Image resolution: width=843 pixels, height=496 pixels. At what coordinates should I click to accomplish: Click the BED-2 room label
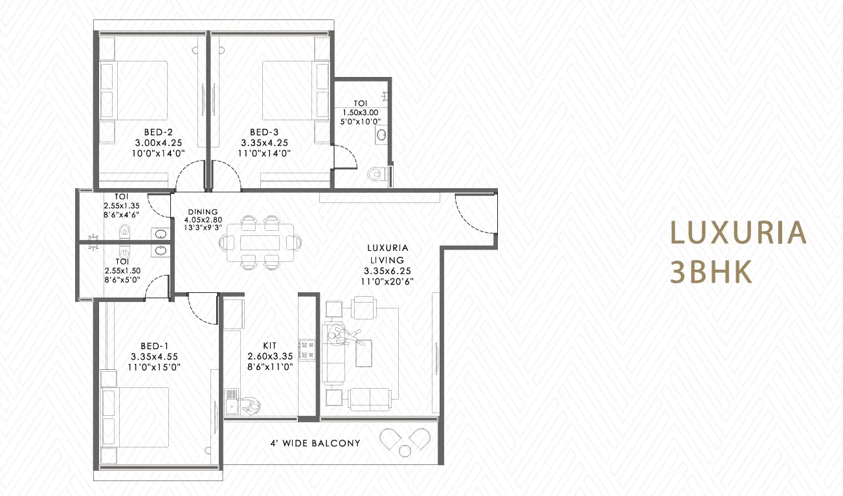[159, 133]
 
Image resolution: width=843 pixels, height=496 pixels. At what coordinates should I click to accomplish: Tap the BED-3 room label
[264, 133]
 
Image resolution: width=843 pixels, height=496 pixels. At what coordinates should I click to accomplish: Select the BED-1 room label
[154, 346]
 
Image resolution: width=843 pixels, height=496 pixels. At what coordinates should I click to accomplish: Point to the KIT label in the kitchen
[270, 346]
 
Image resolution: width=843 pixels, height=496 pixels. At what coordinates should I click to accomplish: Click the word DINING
[203, 212]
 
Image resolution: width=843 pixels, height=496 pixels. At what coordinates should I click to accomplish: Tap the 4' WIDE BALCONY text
[315, 444]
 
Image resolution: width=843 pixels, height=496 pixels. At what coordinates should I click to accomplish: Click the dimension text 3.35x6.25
[387, 271]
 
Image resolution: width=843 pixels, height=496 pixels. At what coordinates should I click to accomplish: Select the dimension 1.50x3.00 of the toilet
[360, 113]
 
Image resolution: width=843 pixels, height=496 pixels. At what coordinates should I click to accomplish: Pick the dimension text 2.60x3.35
[270, 356]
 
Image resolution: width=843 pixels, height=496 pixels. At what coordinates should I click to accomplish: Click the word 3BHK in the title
[712, 272]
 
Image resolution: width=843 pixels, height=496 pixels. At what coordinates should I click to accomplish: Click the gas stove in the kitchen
[307, 350]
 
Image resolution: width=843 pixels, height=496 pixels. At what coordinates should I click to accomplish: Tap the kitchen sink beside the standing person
[231, 402]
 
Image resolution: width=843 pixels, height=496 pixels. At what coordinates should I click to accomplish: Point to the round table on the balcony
[405, 451]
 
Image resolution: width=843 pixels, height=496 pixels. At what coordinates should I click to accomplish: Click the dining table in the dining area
[260, 243]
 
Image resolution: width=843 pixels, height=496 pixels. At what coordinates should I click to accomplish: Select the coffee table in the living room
[363, 353]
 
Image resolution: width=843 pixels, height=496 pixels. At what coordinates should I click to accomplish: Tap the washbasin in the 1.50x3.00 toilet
[381, 135]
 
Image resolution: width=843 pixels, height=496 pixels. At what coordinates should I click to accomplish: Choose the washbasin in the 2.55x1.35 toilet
[161, 234]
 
